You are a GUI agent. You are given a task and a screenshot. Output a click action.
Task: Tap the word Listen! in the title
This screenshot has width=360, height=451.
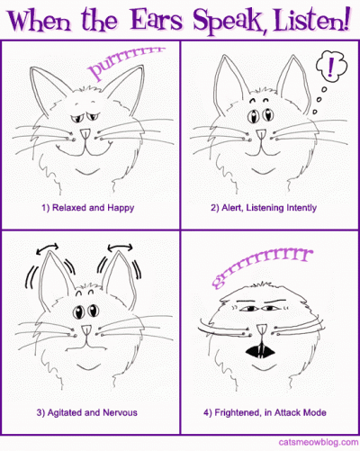coord(312,19)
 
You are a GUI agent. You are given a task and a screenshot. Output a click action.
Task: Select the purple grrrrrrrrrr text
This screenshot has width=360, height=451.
coord(262,267)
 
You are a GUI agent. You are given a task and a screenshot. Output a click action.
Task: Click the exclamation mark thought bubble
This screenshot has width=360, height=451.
coord(331,67)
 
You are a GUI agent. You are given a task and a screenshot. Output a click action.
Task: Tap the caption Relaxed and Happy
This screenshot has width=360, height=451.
coord(88,208)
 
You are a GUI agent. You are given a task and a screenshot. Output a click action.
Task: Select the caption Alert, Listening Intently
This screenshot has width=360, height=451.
coord(264,208)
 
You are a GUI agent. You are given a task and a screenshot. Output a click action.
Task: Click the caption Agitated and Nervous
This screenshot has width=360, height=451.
coord(87,412)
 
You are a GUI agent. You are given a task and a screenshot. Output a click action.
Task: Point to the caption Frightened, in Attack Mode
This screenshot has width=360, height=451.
coord(265,412)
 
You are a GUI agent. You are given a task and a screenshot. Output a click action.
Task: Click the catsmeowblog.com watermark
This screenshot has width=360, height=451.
coord(319,442)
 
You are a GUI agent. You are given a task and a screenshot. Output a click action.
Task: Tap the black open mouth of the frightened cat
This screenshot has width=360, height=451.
coord(260,351)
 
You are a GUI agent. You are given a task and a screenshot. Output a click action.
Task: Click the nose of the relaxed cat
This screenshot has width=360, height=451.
coord(85,134)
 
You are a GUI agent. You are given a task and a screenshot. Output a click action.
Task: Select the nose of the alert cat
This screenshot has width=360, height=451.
coord(261,134)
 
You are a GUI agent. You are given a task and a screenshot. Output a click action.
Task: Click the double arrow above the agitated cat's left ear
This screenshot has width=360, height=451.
coord(47,248)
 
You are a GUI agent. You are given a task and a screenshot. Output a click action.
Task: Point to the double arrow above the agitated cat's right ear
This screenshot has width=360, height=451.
coord(120,248)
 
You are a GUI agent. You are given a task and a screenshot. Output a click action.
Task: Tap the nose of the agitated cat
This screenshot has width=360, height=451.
coord(87,330)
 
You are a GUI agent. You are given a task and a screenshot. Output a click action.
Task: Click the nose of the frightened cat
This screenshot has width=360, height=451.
coord(261,329)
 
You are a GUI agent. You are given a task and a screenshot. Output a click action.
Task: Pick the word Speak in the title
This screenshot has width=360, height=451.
coord(227,21)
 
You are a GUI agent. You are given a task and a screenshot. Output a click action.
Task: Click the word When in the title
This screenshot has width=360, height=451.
coord(40,21)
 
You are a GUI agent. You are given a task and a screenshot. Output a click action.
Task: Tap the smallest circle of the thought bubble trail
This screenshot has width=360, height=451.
coord(315,112)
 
